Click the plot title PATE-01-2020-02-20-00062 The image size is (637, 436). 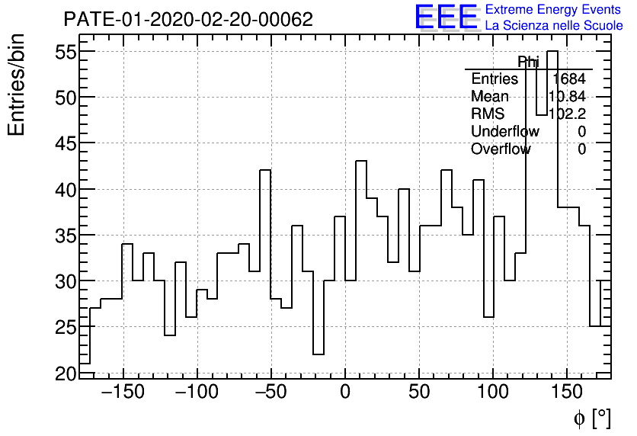coord(187,20)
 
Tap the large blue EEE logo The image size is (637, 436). coord(446,17)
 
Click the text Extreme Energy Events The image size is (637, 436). coord(554,10)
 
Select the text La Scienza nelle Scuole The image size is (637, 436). coord(554,26)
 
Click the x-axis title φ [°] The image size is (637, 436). coord(592,418)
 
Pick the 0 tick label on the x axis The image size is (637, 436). coord(345,393)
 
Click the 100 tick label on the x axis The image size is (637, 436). coord(493,393)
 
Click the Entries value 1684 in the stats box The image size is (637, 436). coord(568,79)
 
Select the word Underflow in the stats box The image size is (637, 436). coord(505,131)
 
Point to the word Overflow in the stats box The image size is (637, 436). coord(501,149)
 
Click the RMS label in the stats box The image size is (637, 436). coord(488,114)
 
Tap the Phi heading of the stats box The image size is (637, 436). coord(528,62)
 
